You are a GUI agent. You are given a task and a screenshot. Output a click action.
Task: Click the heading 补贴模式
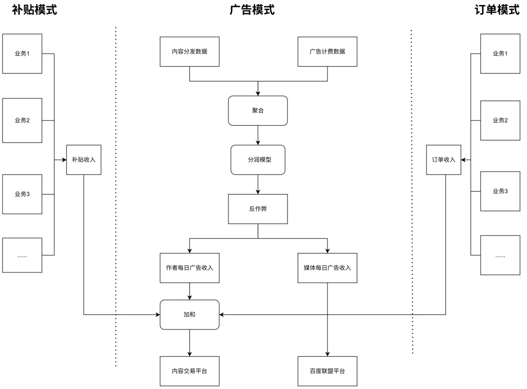[x=34, y=10]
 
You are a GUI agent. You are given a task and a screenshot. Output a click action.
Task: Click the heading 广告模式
[x=252, y=10]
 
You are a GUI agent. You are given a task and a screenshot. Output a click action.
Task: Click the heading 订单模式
[x=497, y=10]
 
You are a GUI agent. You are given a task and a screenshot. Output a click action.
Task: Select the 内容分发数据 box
[x=189, y=52]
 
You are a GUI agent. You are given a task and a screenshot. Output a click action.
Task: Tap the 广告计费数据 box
[x=327, y=52]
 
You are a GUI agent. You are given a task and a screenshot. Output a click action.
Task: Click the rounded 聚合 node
[x=258, y=111]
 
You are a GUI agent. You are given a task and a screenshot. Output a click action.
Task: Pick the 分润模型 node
[x=258, y=160]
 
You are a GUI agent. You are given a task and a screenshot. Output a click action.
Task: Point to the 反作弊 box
[x=258, y=209]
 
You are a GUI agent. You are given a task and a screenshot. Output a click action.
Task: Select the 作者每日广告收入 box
[x=189, y=268]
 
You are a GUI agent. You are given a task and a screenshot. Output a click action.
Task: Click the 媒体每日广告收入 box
[x=327, y=268]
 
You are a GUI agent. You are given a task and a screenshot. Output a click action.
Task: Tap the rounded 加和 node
[x=189, y=315]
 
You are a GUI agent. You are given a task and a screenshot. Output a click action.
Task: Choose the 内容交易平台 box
[x=189, y=371]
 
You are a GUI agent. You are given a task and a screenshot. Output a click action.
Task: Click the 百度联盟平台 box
[x=327, y=371]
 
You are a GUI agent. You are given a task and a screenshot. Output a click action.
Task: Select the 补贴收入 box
[x=84, y=160]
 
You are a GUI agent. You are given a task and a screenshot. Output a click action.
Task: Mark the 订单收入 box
[x=443, y=160]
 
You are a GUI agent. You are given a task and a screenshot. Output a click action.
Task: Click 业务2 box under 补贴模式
[x=22, y=120]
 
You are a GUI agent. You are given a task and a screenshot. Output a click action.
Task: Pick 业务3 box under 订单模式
[x=500, y=191]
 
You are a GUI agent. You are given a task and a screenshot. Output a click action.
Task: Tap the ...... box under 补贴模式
[x=22, y=255]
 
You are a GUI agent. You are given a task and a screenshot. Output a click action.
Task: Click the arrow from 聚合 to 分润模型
[x=258, y=135]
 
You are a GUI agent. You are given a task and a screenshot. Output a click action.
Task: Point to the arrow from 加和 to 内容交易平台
[x=189, y=343]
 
